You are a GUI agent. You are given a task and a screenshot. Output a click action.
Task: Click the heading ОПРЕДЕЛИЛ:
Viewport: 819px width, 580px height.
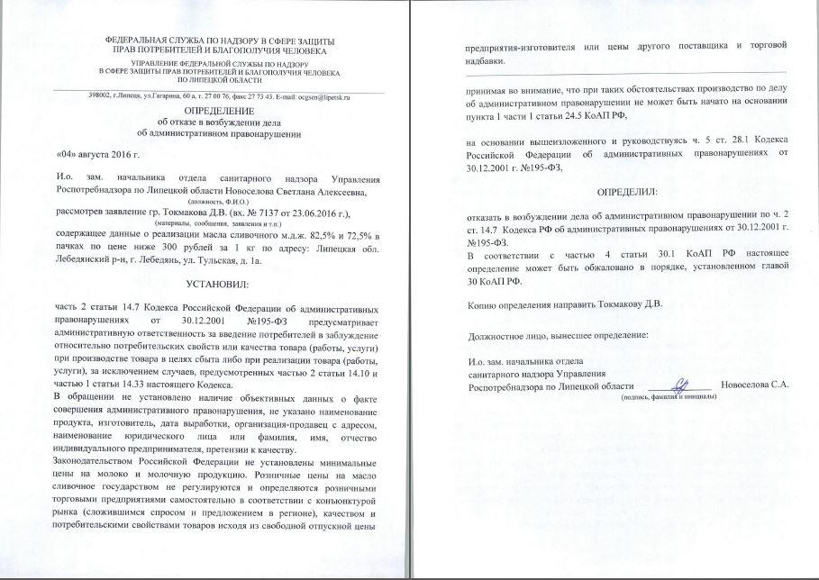coord(627,193)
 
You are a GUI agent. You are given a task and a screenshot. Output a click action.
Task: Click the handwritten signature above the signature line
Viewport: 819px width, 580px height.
coord(682,382)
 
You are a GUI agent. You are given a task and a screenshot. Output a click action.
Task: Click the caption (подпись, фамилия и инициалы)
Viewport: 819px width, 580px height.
coord(684,395)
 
